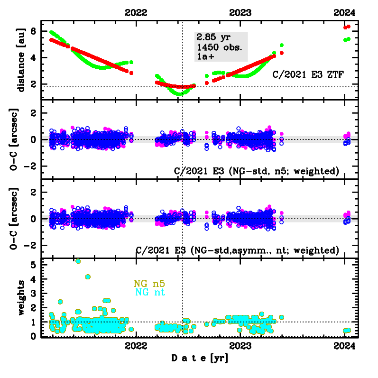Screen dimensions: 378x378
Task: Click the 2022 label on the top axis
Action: (136, 13)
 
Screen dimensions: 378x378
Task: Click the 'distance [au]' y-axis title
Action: (20, 59)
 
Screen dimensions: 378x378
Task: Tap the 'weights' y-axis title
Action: (20, 298)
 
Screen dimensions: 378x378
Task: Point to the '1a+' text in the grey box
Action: (204, 57)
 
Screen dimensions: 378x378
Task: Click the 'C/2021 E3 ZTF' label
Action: (308, 74)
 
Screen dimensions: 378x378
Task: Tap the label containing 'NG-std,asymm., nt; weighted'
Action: (237, 249)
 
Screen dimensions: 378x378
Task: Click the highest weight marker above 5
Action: (78, 261)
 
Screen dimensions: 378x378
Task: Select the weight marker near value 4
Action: (88, 277)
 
